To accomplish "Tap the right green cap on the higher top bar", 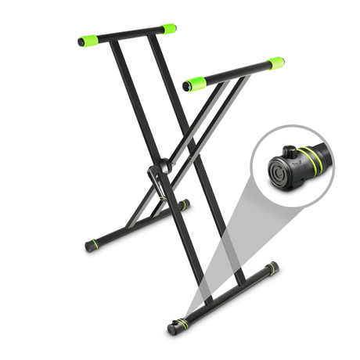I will [168, 28].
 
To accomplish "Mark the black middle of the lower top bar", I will [233, 73].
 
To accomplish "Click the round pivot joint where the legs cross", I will [164, 167].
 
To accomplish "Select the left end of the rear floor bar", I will [92, 245].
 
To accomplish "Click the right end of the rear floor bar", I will [184, 206].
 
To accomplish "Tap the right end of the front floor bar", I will [271, 268].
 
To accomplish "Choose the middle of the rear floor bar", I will [138, 225].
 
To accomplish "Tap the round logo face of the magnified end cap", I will [279, 169].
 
